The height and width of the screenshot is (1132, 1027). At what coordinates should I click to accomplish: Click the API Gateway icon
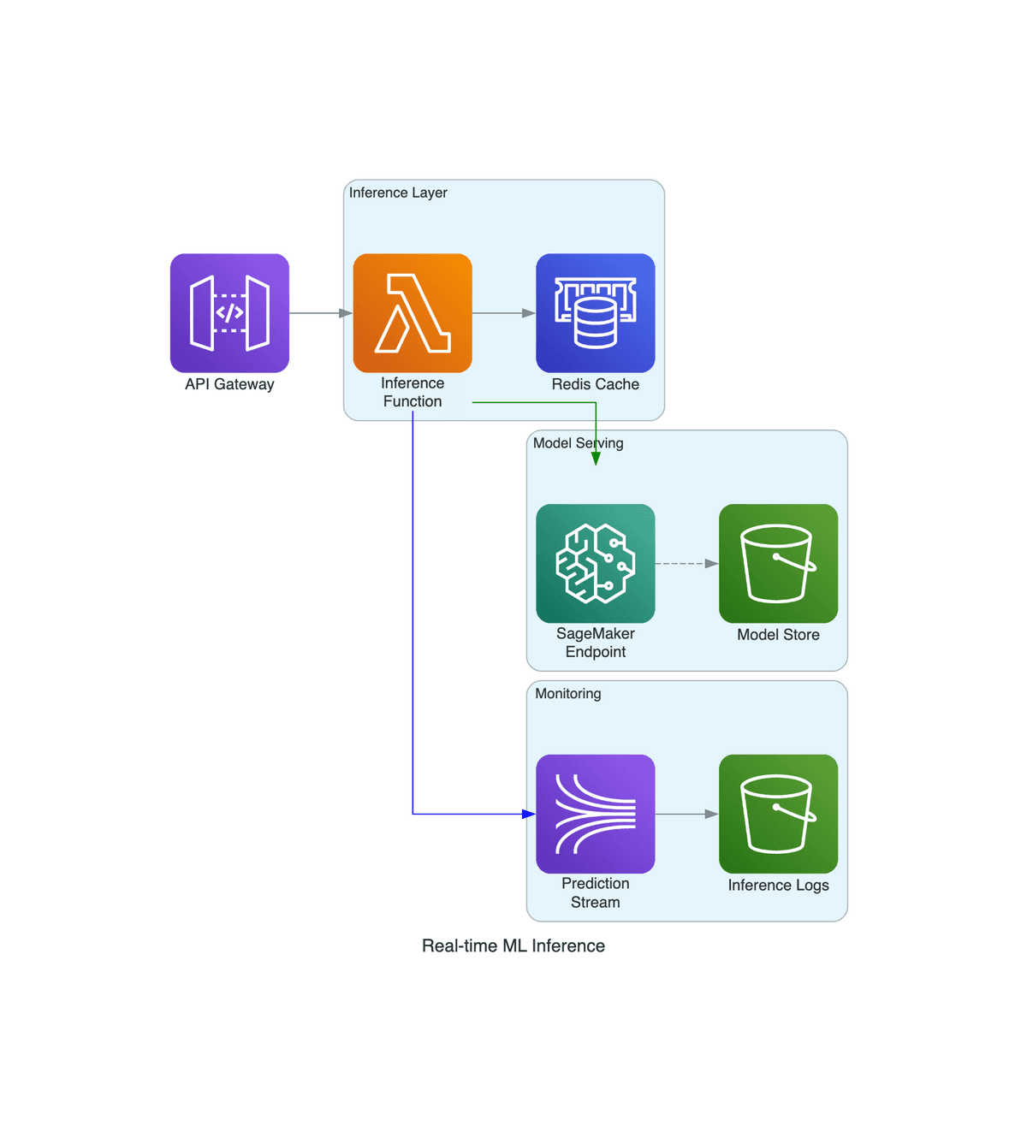coord(229,313)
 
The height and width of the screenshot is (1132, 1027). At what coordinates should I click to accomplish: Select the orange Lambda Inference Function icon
coord(413,313)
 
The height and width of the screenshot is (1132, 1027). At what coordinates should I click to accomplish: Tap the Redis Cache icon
coord(596,313)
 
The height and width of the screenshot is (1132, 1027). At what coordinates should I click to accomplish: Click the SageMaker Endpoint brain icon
coord(596,564)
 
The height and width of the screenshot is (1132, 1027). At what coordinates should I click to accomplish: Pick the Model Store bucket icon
coord(778,564)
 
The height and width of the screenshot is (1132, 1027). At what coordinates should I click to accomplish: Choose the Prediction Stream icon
coord(596,814)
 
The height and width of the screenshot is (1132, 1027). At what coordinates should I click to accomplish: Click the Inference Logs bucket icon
coord(778,814)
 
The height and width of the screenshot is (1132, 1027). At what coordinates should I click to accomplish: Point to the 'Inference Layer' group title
coord(398,193)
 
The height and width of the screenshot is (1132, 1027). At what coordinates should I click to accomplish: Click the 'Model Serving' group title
coord(578,443)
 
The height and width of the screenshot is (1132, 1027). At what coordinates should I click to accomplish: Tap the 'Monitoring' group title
coord(568,694)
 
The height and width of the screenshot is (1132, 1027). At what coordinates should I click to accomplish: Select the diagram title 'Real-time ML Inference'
coord(513,945)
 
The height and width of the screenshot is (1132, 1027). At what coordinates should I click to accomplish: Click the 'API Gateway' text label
coord(229,384)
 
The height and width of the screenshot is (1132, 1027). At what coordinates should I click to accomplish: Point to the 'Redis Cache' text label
coord(596,384)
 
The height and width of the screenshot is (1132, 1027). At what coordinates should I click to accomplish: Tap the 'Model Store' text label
coord(778,635)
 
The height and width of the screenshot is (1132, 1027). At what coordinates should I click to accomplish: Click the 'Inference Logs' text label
coord(778,886)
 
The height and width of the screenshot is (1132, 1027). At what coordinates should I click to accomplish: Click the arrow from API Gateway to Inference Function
coord(321,313)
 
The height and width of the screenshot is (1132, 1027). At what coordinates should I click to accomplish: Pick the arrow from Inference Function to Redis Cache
coord(504,313)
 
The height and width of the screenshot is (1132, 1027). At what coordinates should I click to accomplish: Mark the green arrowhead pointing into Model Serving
coord(596,459)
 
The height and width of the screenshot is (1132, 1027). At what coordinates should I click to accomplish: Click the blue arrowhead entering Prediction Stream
coord(528,814)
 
